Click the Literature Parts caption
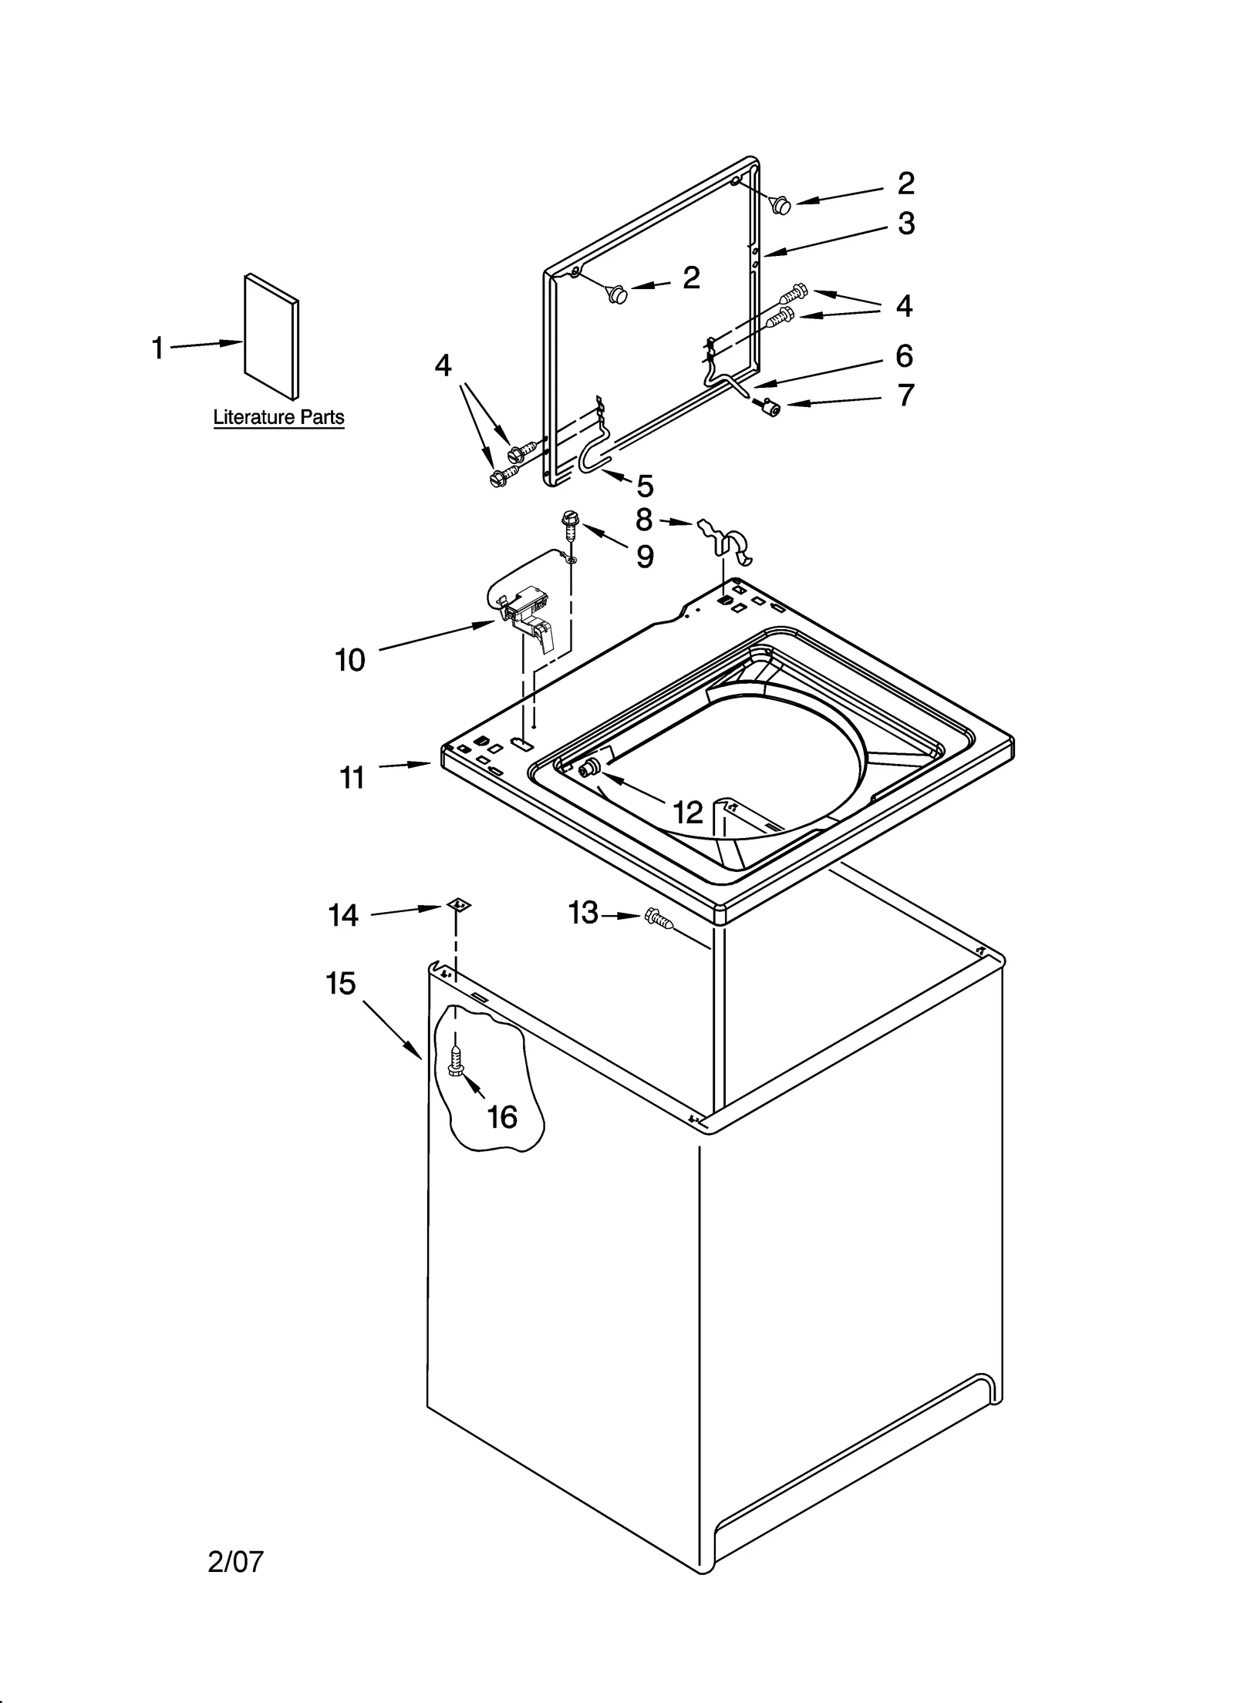click(278, 417)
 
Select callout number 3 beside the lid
click(906, 224)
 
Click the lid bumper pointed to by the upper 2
click(781, 205)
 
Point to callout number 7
click(905, 395)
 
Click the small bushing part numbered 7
click(767, 406)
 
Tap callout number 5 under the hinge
click(645, 486)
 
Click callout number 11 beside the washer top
click(352, 778)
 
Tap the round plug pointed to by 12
click(592, 769)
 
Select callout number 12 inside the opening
click(688, 812)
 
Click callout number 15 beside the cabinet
click(340, 984)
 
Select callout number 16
click(502, 1117)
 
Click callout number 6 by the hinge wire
click(904, 356)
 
